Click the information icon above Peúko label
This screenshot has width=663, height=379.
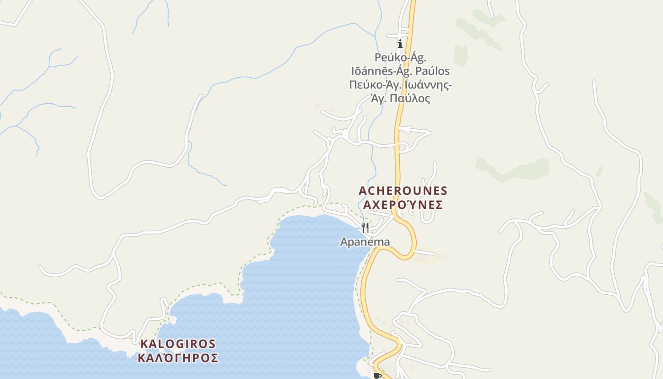[x=400, y=44]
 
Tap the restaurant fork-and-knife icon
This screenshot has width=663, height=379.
[x=365, y=228]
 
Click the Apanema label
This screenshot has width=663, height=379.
[x=365, y=242]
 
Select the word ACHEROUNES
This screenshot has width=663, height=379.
[x=403, y=191]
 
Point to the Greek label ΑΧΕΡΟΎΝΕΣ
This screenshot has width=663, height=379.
[x=403, y=205]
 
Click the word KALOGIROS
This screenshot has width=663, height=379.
[x=178, y=344]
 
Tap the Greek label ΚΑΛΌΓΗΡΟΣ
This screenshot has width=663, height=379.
[x=178, y=358]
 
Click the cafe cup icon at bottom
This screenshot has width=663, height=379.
[x=377, y=376]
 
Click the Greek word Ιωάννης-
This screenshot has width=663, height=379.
[x=428, y=85]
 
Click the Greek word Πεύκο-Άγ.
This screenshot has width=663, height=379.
[x=372, y=85]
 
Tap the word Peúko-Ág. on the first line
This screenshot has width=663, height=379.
[x=401, y=58]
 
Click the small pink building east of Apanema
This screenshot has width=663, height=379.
[x=421, y=257]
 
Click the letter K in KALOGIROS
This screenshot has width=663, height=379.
[x=143, y=344]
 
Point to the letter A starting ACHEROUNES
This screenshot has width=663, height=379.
[x=363, y=191]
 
